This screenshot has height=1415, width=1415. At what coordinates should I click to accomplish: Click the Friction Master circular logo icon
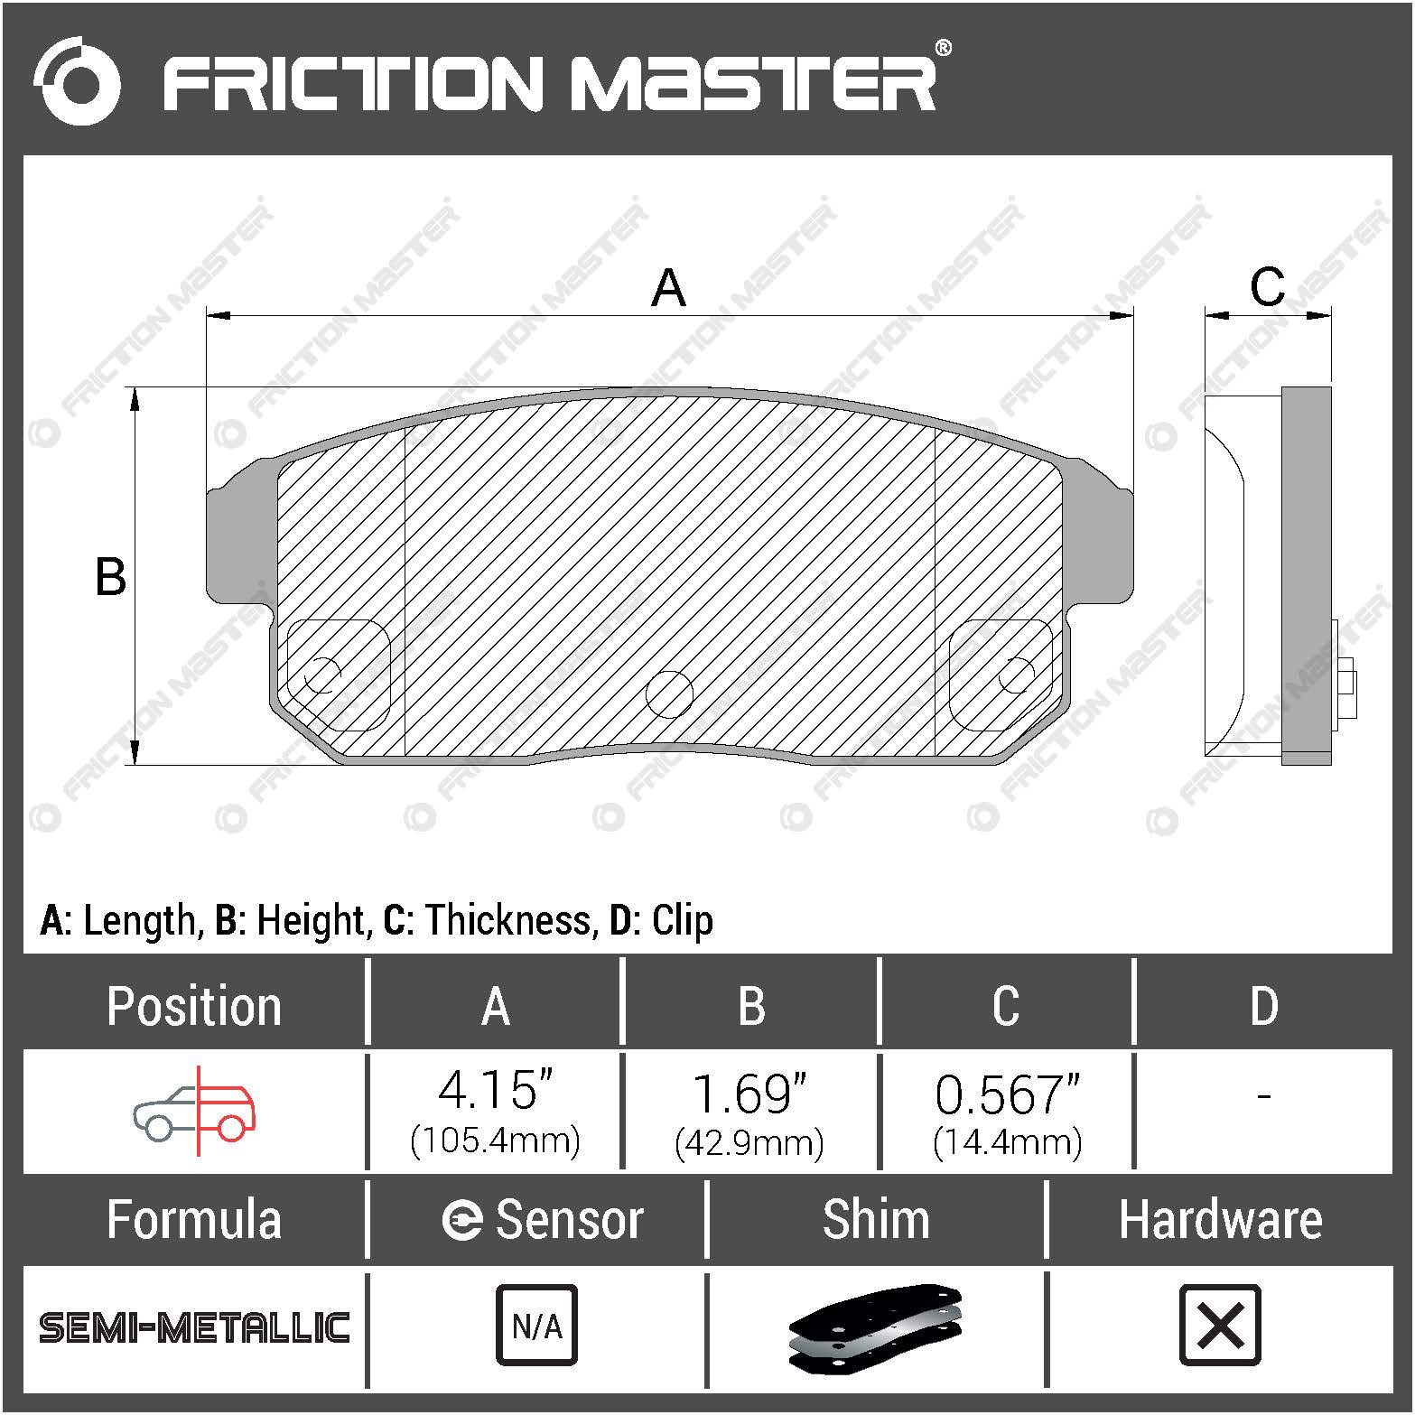pyautogui.click(x=77, y=81)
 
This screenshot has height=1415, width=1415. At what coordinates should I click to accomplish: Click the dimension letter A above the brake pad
pyautogui.click(x=668, y=288)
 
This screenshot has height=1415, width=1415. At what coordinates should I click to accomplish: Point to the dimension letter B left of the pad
pyautogui.click(x=110, y=577)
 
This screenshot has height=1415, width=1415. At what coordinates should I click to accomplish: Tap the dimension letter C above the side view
pyautogui.click(x=1267, y=287)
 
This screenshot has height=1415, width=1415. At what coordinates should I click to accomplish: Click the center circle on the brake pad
pyautogui.click(x=669, y=694)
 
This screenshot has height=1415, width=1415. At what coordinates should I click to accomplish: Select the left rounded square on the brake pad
pyautogui.click(x=338, y=675)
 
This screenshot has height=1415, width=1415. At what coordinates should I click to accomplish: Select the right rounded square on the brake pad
pyautogui.click(x=1001, y=675)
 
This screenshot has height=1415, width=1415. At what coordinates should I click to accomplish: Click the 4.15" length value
pyautogui.click(x=495, y=1092)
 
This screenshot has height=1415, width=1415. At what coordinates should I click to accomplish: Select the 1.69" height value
pyautogui.click(x=749, y=1094)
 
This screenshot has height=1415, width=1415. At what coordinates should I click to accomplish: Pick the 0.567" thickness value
pyautogui.click(x=1007, y=1095)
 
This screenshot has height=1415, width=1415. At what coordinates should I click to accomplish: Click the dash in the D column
pyautogui.click(x=1263, y=1096)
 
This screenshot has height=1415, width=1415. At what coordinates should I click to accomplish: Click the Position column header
pyautogui.click(x=194, y=1006)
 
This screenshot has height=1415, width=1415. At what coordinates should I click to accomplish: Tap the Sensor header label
pyautogui.click(x=568, y=1220)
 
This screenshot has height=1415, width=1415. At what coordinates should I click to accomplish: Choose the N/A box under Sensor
pyautogui.click(x=536, y=1326)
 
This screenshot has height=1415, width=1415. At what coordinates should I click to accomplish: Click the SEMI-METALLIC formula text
pyautogui.click(x=194, y=1327)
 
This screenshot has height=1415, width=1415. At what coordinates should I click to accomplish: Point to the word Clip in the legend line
pyautogui.click(x=682, y=921)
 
